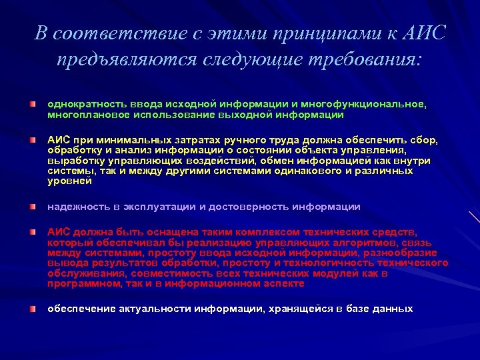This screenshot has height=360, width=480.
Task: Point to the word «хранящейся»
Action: tap(304, 309)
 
